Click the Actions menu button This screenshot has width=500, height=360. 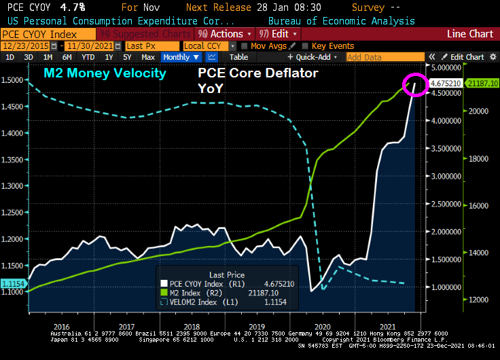coord(225,33)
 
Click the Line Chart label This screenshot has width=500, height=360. coord(470,33)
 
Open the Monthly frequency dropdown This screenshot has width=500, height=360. coord(181,57)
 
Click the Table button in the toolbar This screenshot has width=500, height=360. coord(238,57)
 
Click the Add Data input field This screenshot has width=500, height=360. coord(384,57)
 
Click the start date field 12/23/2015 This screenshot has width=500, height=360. coord(31,46)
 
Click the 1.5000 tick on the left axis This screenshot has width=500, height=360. coord(13,79)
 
